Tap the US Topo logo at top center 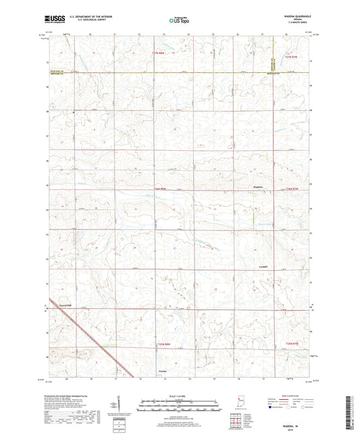(179, 21)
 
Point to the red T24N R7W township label (291, 344)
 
